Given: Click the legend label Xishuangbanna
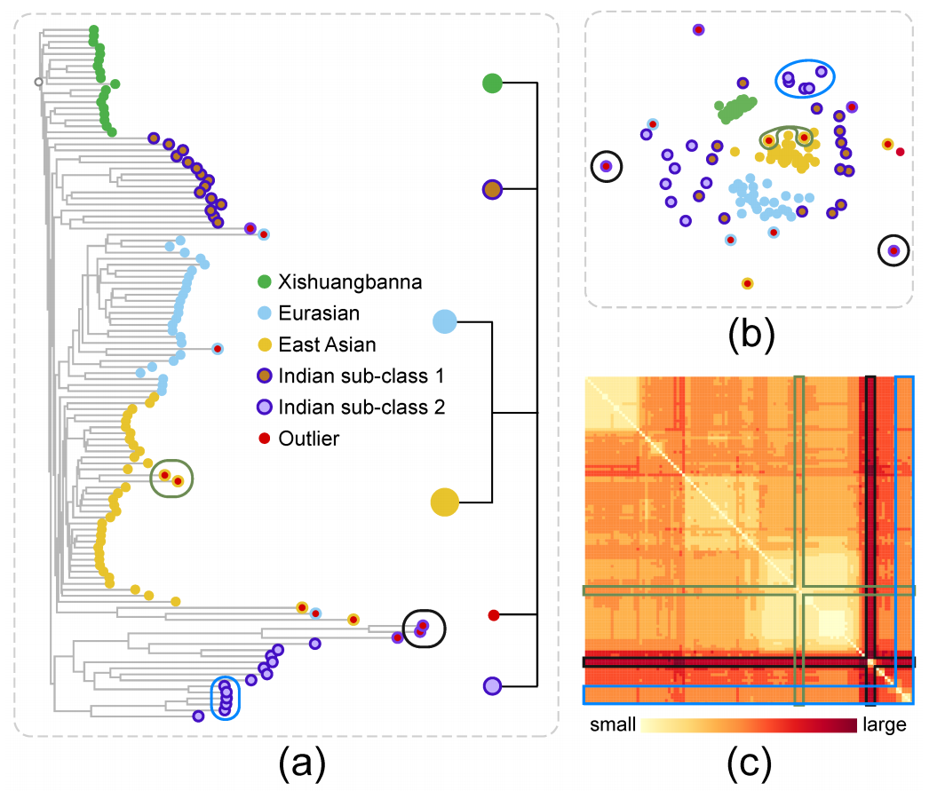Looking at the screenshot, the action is coord(350,282).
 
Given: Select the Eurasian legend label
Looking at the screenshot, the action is coord(319,313).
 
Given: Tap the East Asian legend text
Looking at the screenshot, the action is coord(327,344).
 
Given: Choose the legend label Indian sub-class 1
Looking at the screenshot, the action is coord(361,376).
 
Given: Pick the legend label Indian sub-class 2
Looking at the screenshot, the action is coord(361,407).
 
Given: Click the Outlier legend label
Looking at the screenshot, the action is coord(308,439).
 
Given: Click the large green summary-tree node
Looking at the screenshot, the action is coord(492,83).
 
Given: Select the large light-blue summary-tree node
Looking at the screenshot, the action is coord(445,321).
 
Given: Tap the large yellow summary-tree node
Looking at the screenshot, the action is coord(445,502).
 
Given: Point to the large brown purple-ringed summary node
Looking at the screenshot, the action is coord(492,189).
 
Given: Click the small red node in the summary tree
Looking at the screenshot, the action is coord(494,614).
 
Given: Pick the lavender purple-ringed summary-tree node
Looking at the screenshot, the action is coord(492,685).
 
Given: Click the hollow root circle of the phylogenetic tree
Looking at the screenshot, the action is coord(38,82).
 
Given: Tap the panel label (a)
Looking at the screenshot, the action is coord(302,764).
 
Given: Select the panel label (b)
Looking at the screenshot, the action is coord(751,334).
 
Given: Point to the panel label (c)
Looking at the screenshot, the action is coord(749,764).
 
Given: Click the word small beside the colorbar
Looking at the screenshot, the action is coord(613,724).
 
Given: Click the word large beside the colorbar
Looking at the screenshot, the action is coord(884,725).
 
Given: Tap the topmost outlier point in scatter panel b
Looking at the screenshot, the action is coord(698,29).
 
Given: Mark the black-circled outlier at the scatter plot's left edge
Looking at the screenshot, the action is coord(607,166).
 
